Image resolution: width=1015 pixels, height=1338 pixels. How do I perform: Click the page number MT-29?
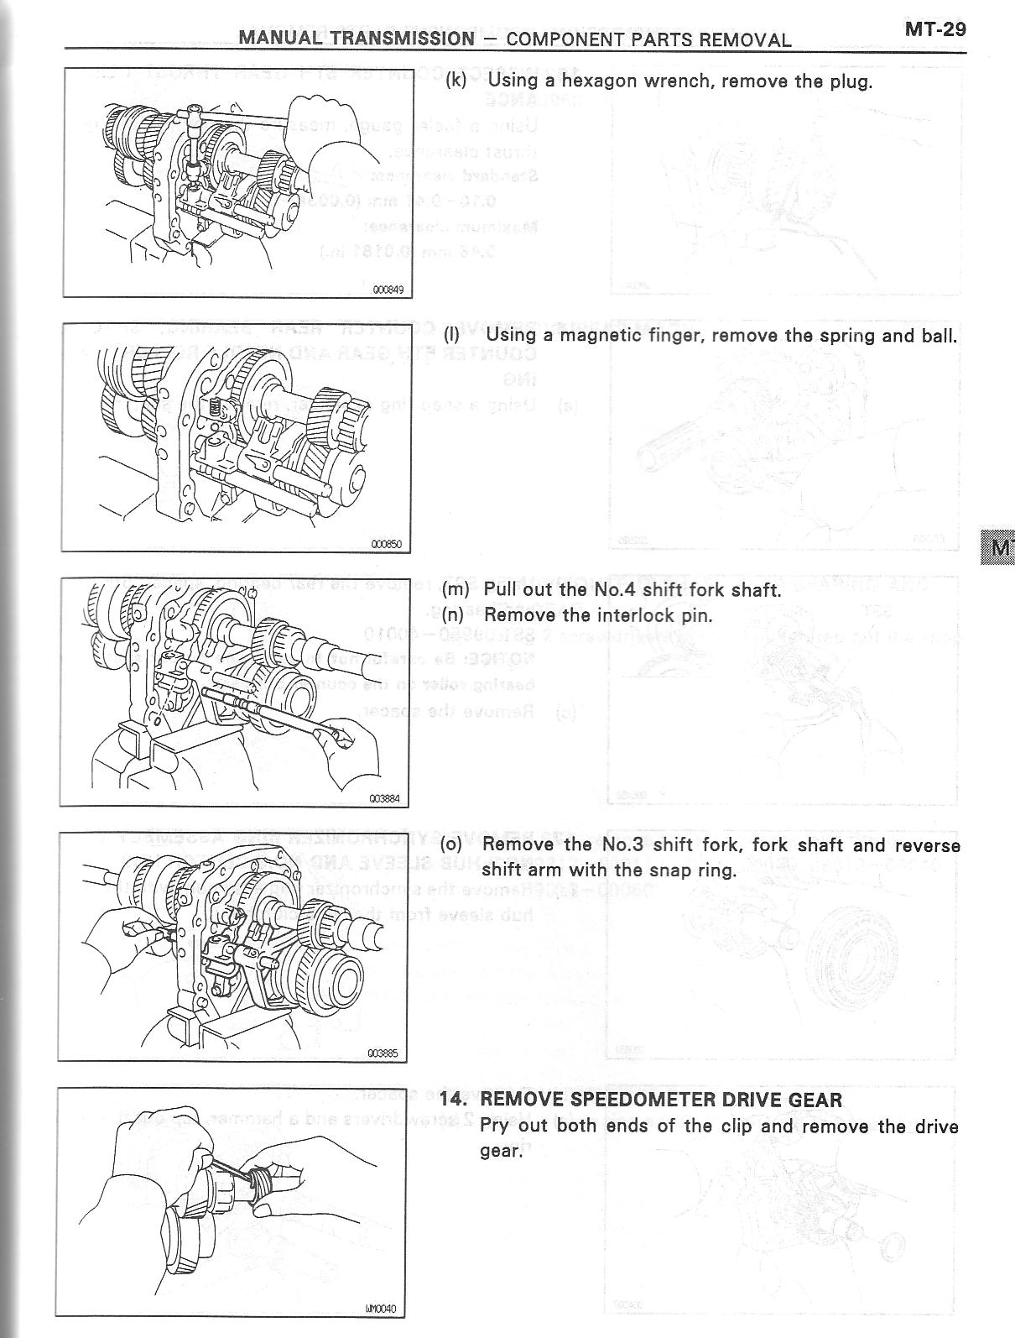click(x=935, y=29)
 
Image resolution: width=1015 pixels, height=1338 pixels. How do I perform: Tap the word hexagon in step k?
click(x=600, y=81)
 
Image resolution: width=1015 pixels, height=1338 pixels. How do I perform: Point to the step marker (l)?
click(x=451, y=335)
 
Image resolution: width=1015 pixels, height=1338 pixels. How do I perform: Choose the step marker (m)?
click(x=455, y=589)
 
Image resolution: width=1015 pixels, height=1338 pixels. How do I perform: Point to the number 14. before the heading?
click(x=452, y=1099)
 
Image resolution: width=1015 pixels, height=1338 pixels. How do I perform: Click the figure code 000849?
click(x=388, y=290)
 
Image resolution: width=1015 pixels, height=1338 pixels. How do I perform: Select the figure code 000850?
click(x=386, y=544)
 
